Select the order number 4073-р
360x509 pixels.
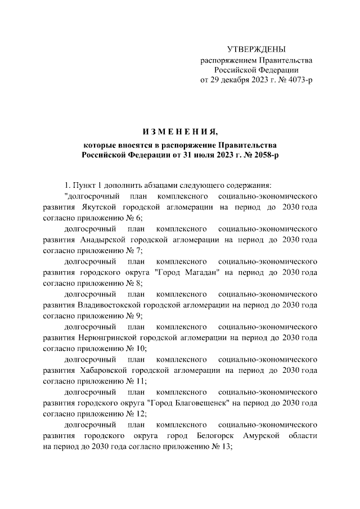pyautogui.click(x=298, y=79)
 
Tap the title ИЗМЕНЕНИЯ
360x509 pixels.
pyautogui.click(x=179, y=132)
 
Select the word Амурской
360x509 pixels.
pyautogui.click(x=256, y=435)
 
